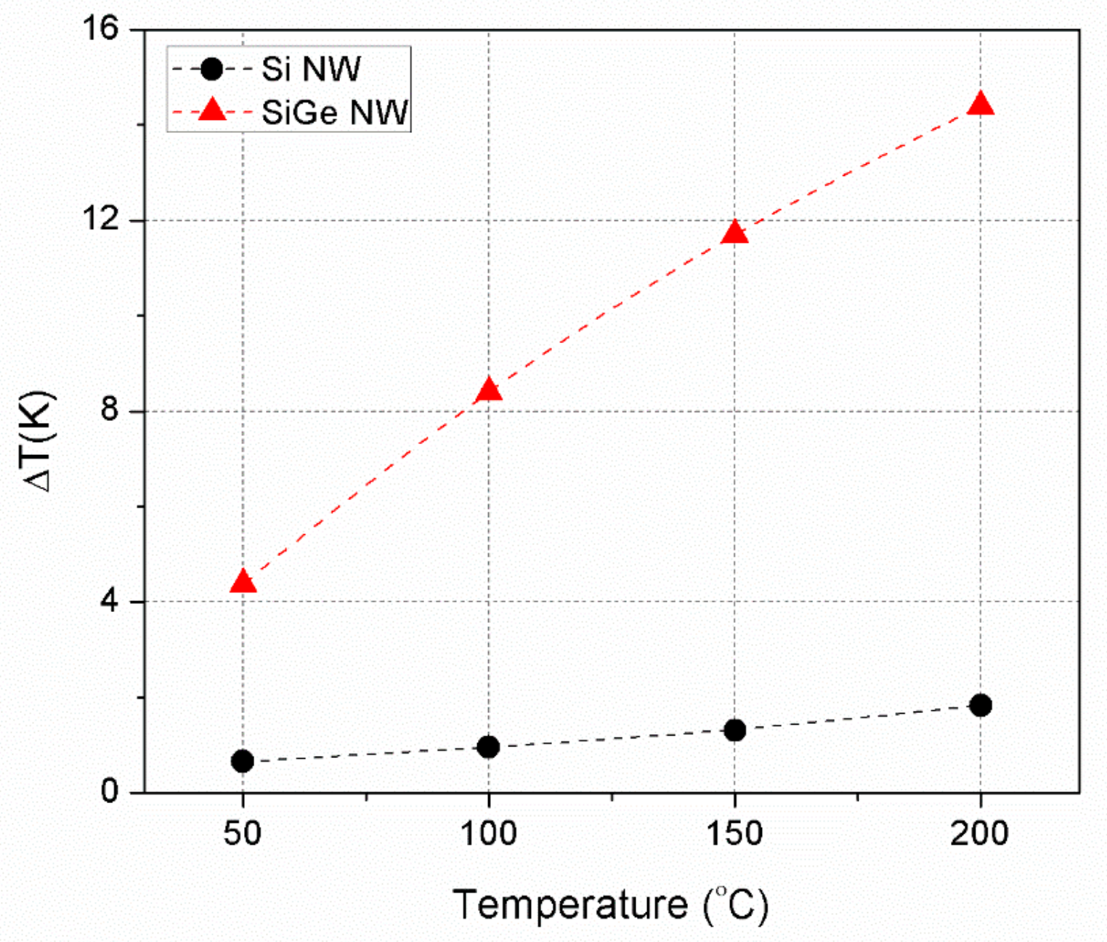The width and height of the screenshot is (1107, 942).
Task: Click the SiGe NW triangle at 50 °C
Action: [x=243, y=582]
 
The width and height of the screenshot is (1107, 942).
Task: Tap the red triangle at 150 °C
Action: [x=735, y=233]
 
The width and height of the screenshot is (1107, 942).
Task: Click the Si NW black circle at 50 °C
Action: [x=243, y=761]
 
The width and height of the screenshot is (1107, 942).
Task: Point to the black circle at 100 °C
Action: [x=489, y=746]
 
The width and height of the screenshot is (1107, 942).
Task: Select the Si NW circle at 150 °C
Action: [x=735, y=730]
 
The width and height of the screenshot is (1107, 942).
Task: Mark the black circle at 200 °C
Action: [x=981, y=704]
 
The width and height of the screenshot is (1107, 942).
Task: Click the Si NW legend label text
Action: [x=311, y=70]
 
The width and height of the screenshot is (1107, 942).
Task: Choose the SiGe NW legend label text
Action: [x=335, y=113]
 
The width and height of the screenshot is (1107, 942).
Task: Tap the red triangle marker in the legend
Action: [x=212, y=111]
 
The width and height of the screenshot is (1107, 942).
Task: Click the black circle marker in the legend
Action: [x=212, y=70]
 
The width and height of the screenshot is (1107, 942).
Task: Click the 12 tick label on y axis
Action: [x=102, y=220]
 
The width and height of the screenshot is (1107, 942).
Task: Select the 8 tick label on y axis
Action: [x=110, y=411]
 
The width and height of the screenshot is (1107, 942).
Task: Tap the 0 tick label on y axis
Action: [x=110, y=792]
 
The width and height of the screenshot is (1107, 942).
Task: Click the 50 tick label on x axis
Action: [x=243, y=833]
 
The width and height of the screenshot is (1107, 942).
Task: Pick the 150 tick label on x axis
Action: [x=735, y=833]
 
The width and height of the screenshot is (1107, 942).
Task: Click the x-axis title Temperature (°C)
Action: [x=610, y=905]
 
